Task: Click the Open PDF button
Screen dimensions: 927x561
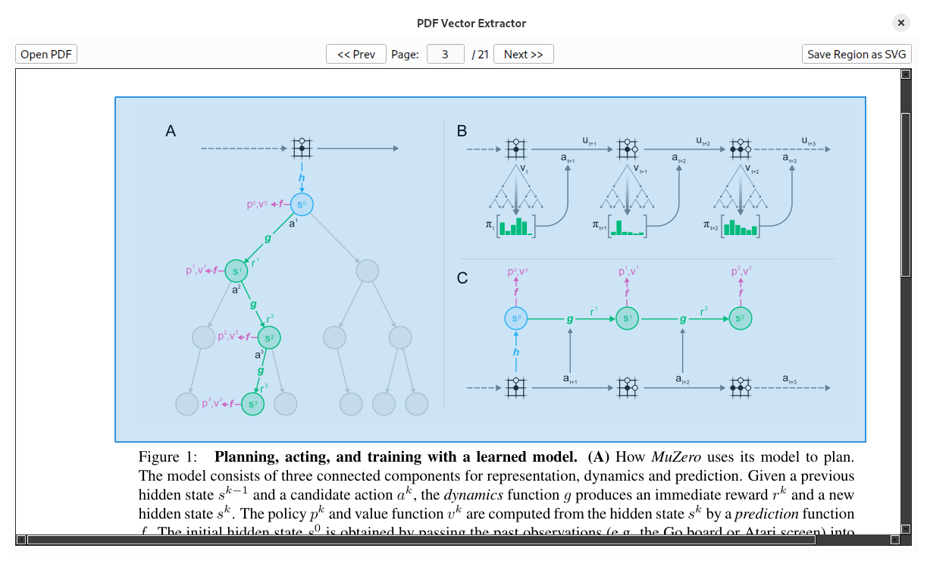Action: [x=46, y=54]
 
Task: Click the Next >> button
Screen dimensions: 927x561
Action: [x=523, y=54]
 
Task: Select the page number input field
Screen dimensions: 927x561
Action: [x=445, y=54]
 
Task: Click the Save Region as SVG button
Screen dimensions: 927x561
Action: [x=857, y=54]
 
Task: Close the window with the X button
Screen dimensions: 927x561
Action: [x=901, y=23]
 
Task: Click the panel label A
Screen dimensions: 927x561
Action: [x=171, y=131]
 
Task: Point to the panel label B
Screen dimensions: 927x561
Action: [x=462, y=131]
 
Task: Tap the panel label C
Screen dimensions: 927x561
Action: [x=462, y=278]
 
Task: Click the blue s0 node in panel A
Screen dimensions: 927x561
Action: [x=302, y=204]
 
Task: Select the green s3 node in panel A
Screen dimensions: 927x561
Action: [x=253, y=404]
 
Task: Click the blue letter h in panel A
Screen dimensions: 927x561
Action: [x=302, y=178]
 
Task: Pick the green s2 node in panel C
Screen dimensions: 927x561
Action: [x=741, y=318]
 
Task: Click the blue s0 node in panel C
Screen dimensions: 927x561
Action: [x=516, y=318]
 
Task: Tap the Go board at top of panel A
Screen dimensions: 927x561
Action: [x=302, y=149]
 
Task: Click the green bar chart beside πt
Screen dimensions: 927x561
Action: [x=516, y=227]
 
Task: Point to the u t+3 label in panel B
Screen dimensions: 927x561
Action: [x=809, y=140]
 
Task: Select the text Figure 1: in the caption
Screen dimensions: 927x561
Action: [x=168, y=457]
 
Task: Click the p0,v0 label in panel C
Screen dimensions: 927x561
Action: [x=517, y=271]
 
